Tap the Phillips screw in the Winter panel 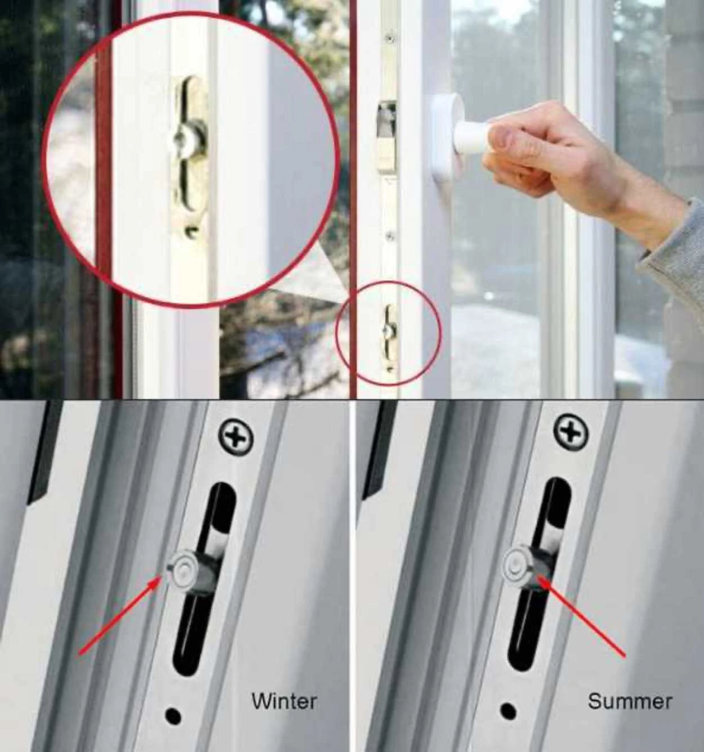(x=235, y=438)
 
